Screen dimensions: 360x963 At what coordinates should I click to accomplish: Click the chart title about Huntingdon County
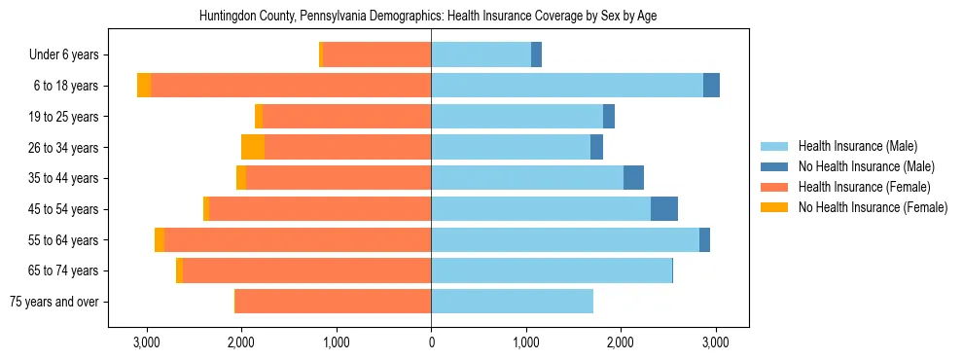click(428, 17)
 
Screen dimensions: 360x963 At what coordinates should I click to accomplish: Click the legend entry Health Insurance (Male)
click(857, 146)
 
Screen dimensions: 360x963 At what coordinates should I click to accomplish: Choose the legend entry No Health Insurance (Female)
click(873, 207)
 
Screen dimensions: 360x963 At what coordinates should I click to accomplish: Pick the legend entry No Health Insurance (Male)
click(866, 166)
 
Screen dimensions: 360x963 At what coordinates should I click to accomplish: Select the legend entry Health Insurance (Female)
click(865, 187)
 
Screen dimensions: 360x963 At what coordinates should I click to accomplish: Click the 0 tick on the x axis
click(431, 342)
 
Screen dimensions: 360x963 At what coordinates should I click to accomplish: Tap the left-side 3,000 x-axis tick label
click(147, 342)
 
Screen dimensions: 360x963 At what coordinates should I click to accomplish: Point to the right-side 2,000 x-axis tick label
click(621, 342)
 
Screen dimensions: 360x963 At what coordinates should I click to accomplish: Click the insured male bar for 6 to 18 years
click(566, 86)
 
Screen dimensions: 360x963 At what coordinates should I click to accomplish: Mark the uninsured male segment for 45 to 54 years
click(663, 209)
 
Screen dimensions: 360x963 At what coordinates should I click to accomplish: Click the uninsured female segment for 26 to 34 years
click(253, 148)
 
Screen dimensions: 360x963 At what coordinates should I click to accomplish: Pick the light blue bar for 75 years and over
click(512, 302)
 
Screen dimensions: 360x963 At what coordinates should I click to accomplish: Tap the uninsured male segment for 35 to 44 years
click(633, 178)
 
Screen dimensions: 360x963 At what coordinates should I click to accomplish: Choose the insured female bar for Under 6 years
click(377, 55)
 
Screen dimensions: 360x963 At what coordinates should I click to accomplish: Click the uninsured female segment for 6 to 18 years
click(144, 86)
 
